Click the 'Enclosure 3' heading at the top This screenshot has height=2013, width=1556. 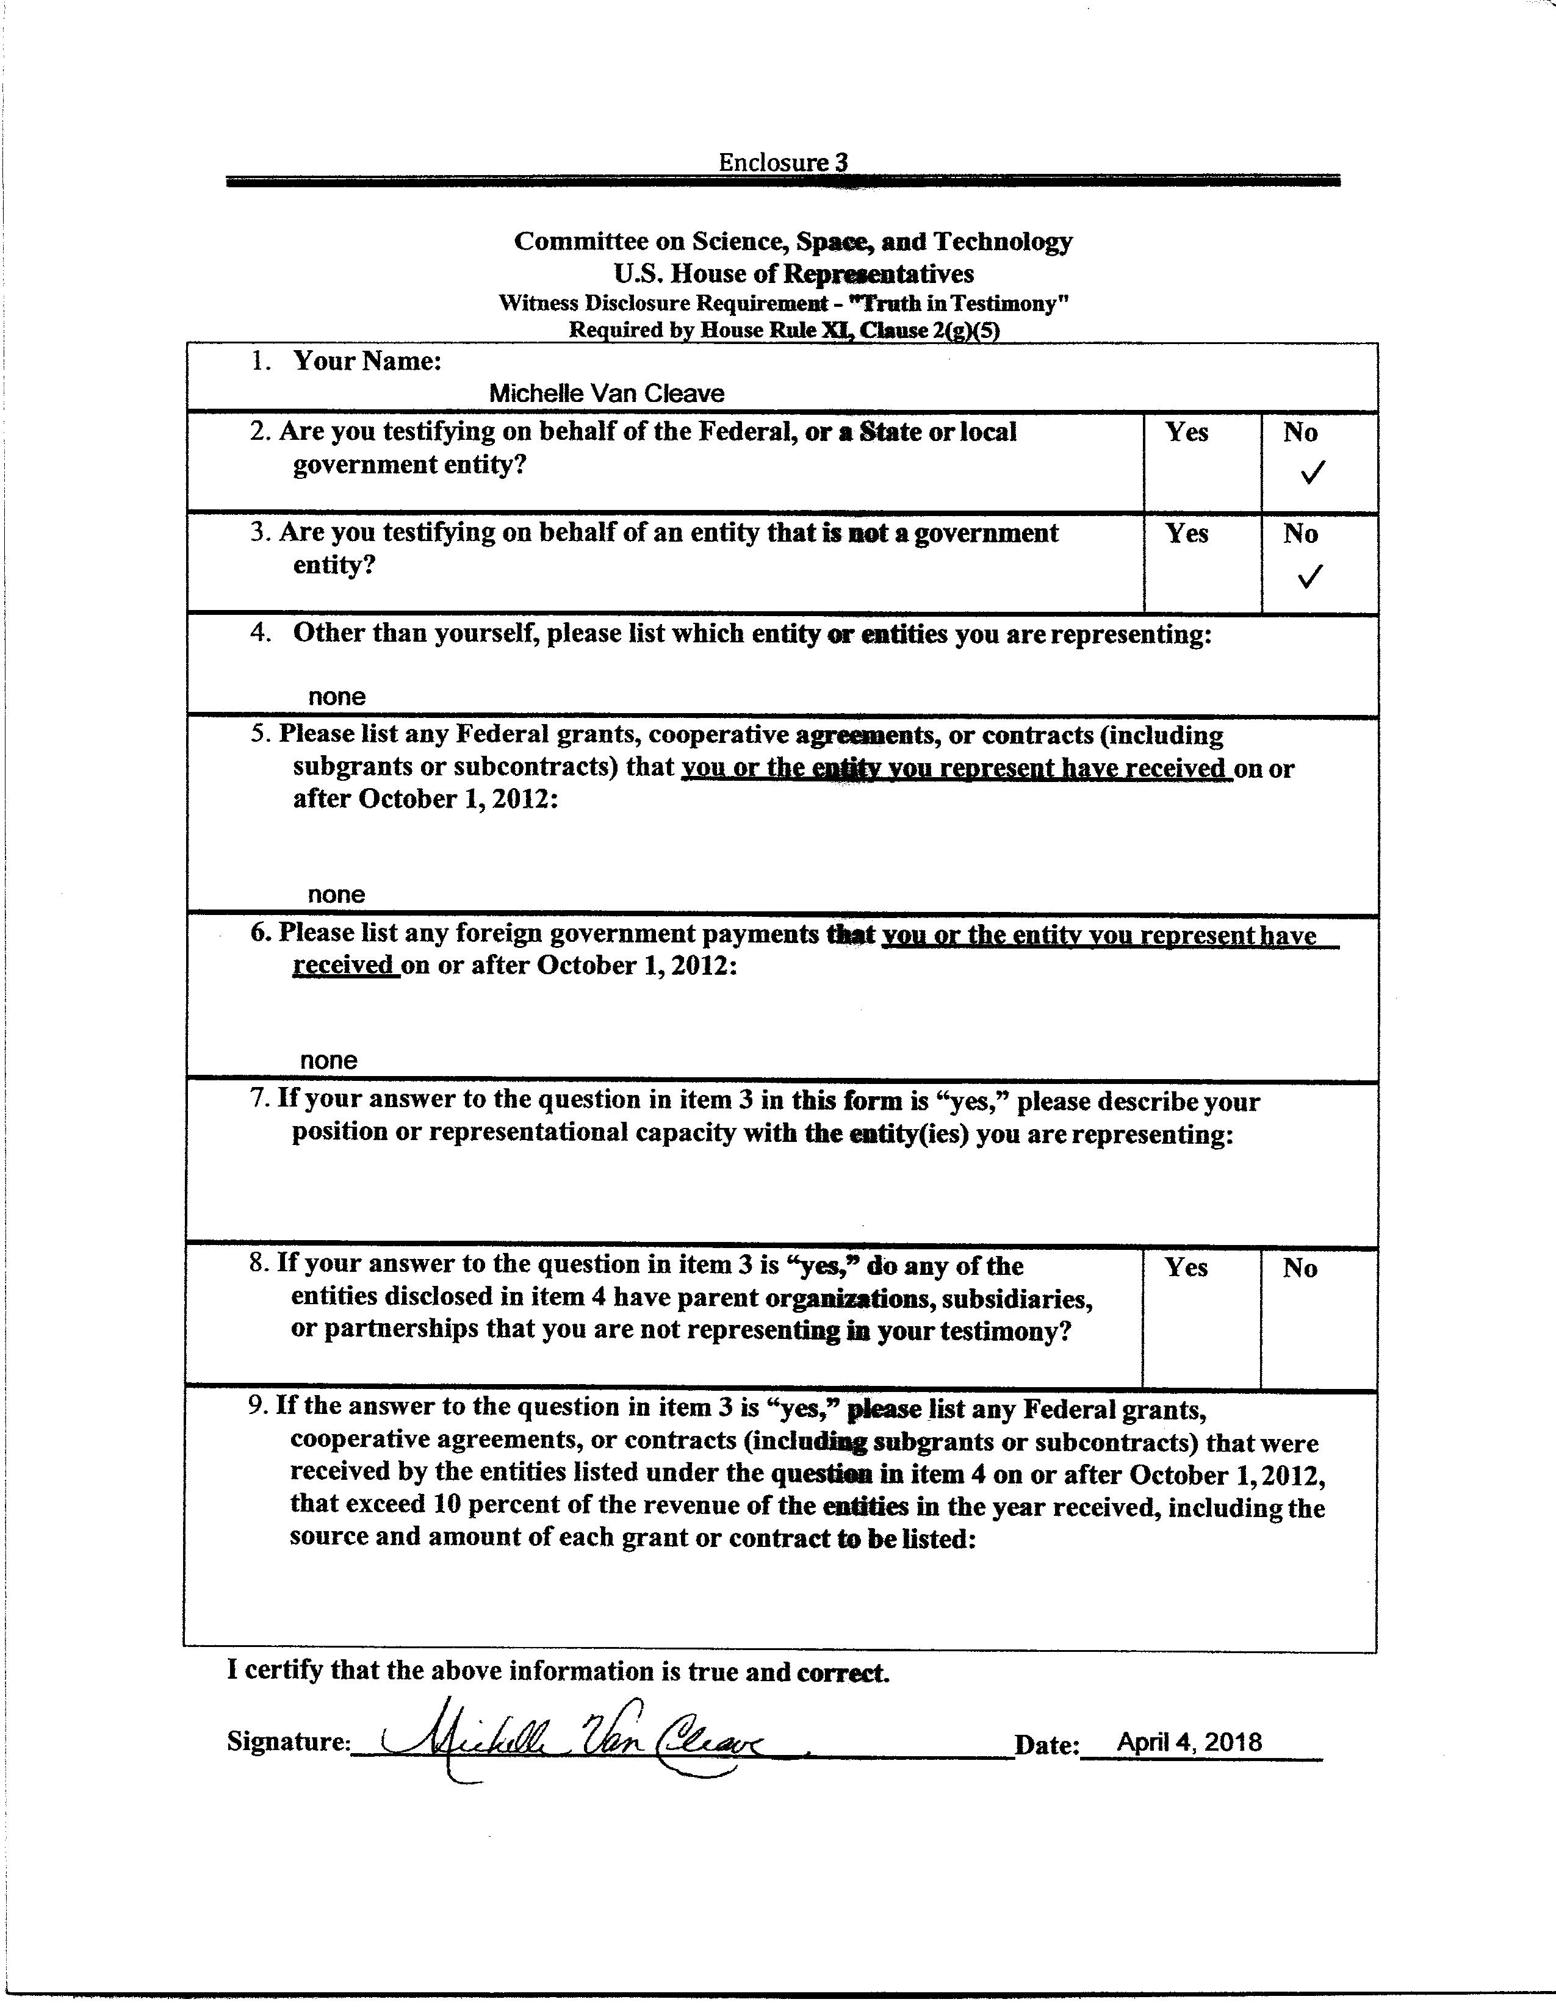click(783, 162)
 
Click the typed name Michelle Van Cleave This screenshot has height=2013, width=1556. click(606, 393)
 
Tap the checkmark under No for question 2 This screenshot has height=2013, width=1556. click(1312, 474)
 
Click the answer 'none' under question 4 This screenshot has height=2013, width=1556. click(336, 697)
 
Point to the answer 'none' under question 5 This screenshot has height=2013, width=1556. click(336, 894)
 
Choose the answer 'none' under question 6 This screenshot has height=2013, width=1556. click(328, 1060)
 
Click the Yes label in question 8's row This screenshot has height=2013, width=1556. click(1186, 1268)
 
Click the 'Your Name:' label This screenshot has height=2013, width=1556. click(367, 361)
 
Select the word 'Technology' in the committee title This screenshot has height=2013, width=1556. click(1003, 242)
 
